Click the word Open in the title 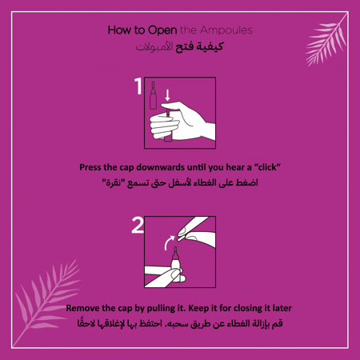162,30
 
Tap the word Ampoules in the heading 226,30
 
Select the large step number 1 138,86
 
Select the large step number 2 138,226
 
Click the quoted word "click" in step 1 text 263,167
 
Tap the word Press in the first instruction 94,167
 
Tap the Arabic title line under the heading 180,47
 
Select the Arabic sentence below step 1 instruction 180,183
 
